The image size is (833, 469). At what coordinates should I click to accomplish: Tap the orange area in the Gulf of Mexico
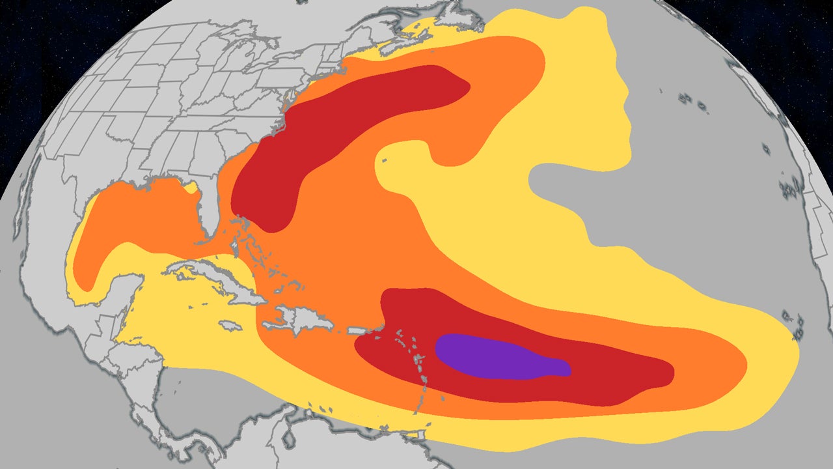click(143, 215)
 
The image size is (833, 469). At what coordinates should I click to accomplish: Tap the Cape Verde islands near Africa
click(791, 319)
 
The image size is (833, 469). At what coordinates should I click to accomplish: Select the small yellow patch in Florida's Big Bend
click(191, 189)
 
